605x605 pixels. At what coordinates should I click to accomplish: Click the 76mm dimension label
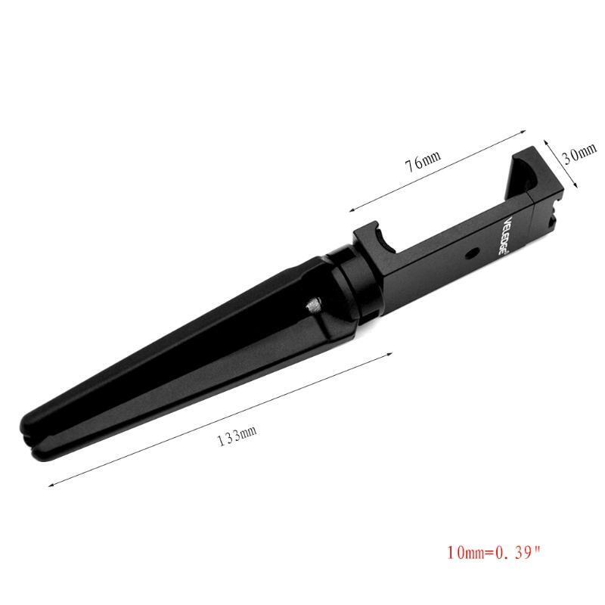click(423, 161)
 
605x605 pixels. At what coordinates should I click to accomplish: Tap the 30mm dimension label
click(579, 153)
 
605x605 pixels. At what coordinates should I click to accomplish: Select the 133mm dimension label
click(237, 436)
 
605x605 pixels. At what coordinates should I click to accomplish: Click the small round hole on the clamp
click(471, 253)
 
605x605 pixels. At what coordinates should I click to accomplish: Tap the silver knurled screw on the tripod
click(314, 305)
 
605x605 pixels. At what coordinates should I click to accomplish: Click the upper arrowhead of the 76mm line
click(524, 131)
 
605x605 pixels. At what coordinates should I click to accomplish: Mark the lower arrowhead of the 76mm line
click(352, 210)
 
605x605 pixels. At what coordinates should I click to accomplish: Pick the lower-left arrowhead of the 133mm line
click(51, 485)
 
